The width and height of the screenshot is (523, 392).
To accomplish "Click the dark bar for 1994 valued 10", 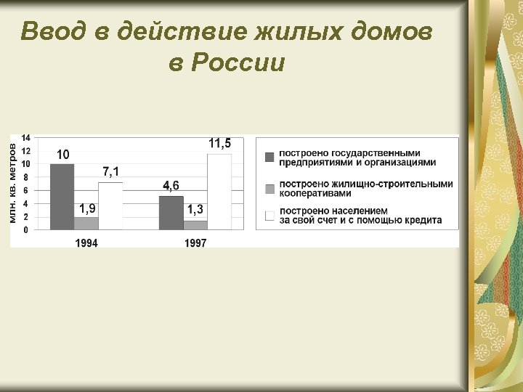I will [x=62, y=197].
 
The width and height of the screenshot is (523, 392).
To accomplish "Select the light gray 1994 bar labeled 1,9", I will [x=86, y=223].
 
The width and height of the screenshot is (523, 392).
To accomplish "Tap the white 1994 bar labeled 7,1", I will [x=110, y=206].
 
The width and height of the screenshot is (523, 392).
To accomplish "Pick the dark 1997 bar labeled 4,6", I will [x=171, y=213].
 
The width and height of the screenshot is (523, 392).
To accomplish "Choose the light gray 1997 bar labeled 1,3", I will [x=195, y=225].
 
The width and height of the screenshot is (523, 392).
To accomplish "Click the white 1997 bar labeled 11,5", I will [x=219, y=192].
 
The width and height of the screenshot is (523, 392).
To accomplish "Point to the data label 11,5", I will [x=220, y=144].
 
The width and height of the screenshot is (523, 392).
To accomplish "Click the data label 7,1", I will [x=111, y=172].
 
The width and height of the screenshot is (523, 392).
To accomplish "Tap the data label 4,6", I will [x=171, y=186].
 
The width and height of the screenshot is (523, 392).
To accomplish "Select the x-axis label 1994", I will [x=86, y=243].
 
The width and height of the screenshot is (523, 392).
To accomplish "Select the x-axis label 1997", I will [x=195, y=243].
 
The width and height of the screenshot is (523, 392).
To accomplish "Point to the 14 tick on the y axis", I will [x=26, y=138].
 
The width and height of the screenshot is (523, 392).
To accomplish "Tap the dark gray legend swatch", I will [x=269, y=157].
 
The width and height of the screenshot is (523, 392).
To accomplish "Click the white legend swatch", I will [x=269, y=215].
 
